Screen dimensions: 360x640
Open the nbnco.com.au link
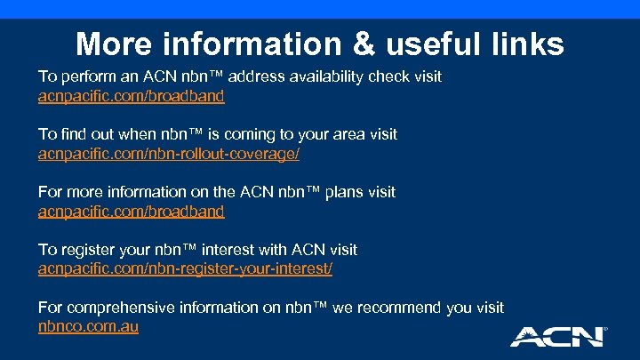88,326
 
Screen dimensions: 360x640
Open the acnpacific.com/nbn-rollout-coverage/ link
169,154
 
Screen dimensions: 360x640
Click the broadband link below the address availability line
131,96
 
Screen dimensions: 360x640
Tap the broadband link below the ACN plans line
131,212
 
